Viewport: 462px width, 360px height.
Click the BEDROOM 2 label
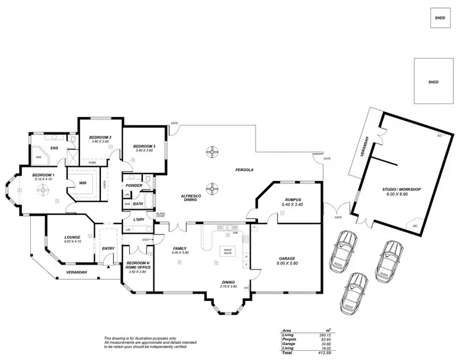pos(100,137)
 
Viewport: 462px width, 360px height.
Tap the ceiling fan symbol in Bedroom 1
pos(44,190)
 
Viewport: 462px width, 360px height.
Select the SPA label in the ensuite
pos(38,157)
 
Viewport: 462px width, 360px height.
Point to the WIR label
pos(82,183)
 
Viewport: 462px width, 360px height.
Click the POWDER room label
pos(134,185)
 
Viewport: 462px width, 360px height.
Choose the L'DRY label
pos(139,220)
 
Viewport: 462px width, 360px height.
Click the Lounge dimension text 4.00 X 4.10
pos(73,242)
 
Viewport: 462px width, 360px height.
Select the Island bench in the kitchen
pos(228,251)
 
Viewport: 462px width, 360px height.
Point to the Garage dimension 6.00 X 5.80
pos(287,263)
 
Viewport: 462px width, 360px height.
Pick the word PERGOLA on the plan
pos(245,169)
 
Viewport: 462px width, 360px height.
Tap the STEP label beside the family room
pos(146,239)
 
